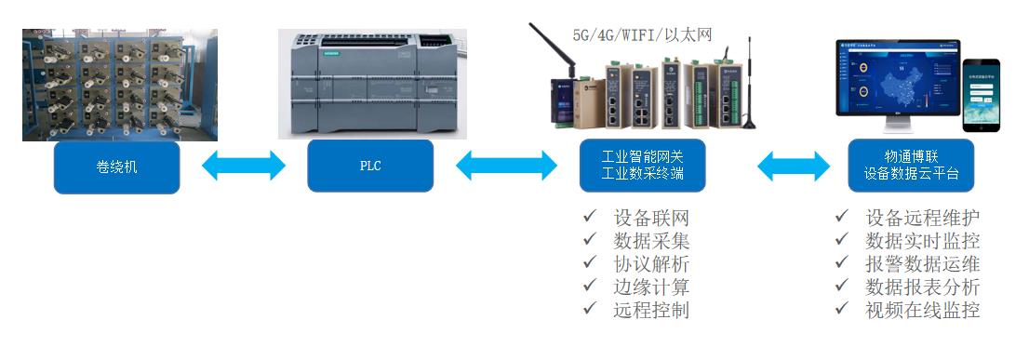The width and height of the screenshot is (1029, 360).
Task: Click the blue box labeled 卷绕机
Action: (116, 167)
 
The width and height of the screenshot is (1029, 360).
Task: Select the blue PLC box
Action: (370, 167)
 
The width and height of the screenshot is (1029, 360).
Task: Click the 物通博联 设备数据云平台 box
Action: (911, 167)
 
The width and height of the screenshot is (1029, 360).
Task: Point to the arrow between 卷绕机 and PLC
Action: (244, 167)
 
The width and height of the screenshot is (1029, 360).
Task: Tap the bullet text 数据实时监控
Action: (922, 241)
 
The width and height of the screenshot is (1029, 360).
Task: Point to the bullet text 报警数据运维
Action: (922, 264)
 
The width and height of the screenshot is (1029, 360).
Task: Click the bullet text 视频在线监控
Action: (922, 310)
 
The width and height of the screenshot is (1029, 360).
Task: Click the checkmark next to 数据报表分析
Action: (841, 287)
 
